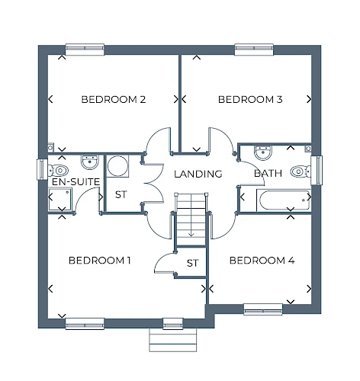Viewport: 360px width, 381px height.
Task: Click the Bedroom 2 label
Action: [114, 99]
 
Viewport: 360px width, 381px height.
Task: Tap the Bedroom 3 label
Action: [250, 99]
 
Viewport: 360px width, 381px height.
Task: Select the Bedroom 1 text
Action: [100, 261]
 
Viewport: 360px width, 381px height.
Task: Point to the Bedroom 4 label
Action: [262, 261]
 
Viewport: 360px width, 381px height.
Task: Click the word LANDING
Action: [198, 174]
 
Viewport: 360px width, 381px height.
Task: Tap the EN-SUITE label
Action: [76, 182]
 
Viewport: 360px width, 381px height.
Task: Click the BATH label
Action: [268, 174]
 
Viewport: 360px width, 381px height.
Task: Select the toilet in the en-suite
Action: [58, 171]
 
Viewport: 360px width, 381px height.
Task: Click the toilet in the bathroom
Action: [301, 171]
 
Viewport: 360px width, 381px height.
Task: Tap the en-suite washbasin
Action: [89, 162]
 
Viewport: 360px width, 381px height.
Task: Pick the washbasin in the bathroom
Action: [263, 153]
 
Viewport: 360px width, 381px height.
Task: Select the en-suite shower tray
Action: [59, 199]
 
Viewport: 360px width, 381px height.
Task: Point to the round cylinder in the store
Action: [117, 166]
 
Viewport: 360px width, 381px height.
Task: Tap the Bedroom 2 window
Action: [85, 50]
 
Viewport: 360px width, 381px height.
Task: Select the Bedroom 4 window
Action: [263, 309]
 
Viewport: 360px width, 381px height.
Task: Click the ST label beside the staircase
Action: [192, 263]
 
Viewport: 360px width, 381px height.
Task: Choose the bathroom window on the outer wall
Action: [317, 170]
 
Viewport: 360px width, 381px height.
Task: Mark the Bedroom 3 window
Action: [254, 50]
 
